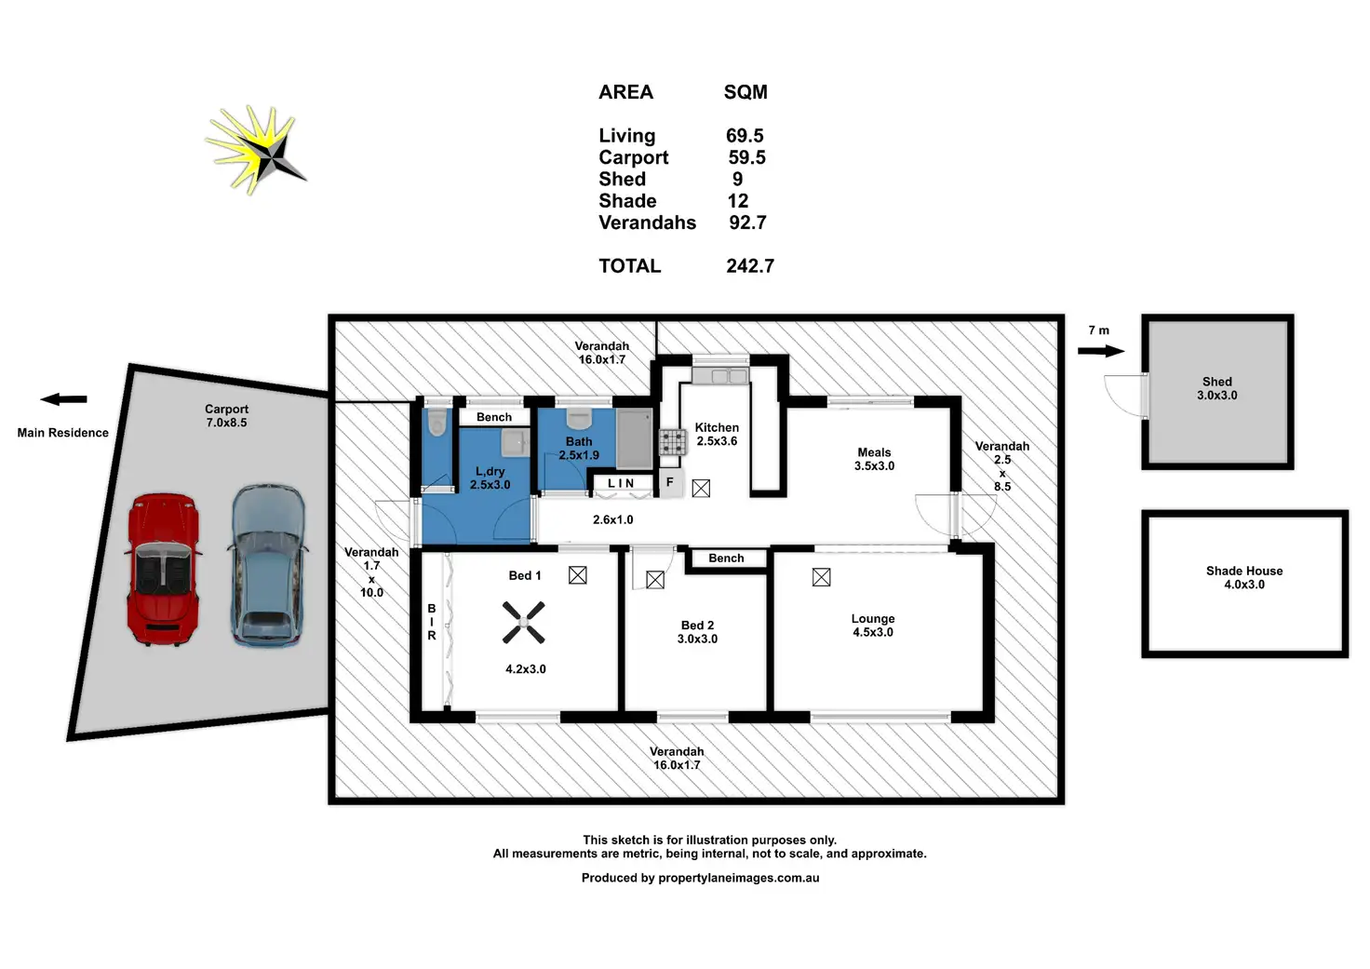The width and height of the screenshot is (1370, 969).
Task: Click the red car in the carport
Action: click(163, 570)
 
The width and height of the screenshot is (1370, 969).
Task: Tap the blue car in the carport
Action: click(268, 565)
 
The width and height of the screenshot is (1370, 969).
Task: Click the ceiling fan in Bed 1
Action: click(524, 623)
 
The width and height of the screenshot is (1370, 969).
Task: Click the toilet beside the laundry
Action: click(437, 424)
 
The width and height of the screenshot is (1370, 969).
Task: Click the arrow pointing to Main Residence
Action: click(63, 399)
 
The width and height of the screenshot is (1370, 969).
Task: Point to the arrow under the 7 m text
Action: click(1101, 351)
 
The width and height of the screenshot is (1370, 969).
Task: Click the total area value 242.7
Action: click(750, 266)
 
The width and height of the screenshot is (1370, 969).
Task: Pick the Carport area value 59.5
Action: click(746, 158)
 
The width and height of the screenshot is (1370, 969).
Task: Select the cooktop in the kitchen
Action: click(673, 442)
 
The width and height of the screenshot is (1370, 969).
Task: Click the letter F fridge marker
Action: click(669, 482)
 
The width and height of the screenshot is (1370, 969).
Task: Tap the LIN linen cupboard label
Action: click(621, 483)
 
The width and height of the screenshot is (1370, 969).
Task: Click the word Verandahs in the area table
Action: click(647, 223)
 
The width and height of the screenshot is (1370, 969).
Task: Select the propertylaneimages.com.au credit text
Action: click(738, 878)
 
